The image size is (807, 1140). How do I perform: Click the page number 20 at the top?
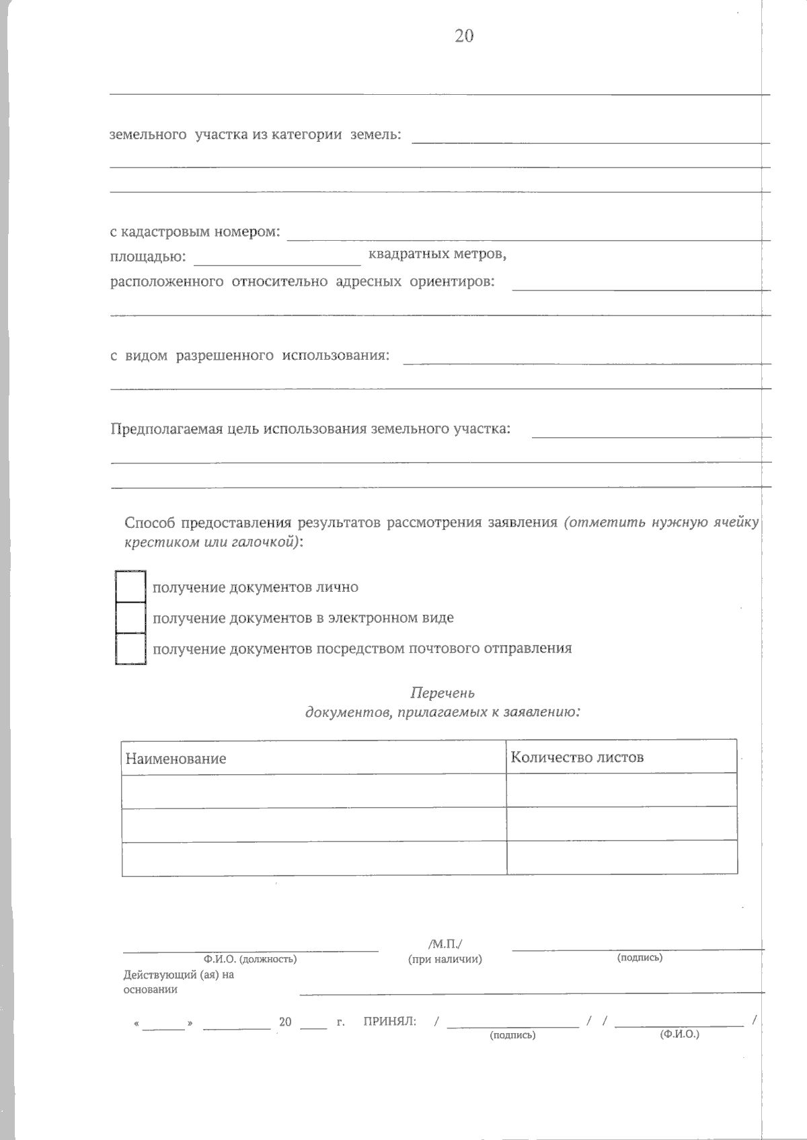464,36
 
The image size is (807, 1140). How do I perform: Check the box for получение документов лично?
130,586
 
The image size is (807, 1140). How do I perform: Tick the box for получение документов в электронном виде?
130,617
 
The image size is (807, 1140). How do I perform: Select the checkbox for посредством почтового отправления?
130,649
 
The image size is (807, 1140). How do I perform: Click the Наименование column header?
176,759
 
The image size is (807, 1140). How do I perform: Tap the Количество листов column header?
577,757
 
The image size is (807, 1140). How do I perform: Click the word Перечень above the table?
443,693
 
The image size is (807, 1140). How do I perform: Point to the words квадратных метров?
437,255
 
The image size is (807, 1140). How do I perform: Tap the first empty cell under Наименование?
313,790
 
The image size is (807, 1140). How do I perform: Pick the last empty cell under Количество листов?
621,858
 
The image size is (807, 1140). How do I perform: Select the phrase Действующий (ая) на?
178,975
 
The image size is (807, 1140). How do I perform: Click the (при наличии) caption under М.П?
445,959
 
